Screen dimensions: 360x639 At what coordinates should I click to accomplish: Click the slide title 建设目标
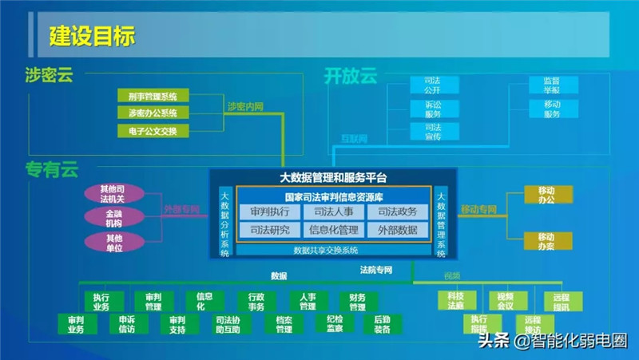tap(92, 36)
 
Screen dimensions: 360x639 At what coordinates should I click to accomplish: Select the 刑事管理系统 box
tap(153, 96)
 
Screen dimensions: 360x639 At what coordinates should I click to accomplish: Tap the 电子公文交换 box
tap(153, 131)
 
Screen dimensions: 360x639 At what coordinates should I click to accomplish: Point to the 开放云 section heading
tap(350, 76)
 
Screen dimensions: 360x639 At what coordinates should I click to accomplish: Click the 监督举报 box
tap(552, 85)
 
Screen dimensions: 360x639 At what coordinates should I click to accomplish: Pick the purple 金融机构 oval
tap(113, 217)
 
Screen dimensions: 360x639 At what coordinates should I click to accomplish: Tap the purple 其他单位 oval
tap(113, 242)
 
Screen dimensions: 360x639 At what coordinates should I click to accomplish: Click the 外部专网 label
tap(182, 209)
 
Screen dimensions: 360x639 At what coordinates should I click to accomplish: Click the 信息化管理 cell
tap(334, 231)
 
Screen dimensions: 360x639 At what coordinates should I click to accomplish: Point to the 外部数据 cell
tap(397, 231)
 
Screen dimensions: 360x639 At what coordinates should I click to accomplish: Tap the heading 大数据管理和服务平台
tap(332, 178)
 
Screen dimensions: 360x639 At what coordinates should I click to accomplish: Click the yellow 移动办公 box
tap(546, 195)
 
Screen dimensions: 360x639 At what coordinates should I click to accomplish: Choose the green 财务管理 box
tap(357, 302)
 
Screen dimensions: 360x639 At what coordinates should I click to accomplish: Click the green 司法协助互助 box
tap(232, 324)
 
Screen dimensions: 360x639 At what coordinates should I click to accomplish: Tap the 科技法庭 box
tap(456, 300)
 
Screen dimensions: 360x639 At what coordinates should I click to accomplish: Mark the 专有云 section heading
tap(52, 169)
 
